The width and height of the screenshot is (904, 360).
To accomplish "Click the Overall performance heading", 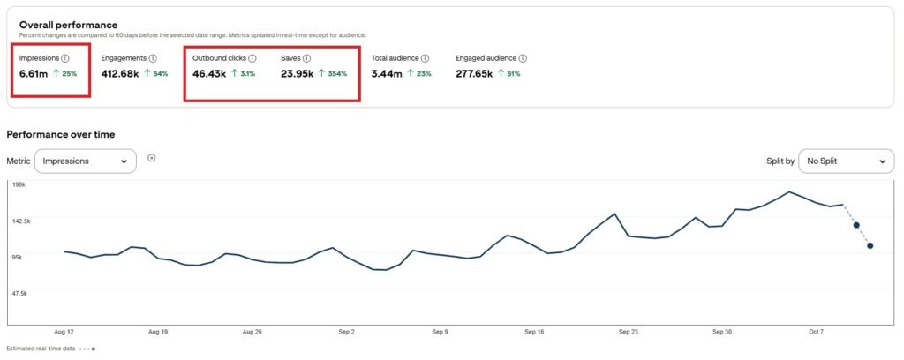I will (68, 25).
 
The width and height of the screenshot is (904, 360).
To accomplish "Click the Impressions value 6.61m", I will (34, 73).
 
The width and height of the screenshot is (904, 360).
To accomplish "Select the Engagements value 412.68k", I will (120, 73).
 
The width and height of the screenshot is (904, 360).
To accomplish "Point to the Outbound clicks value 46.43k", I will (210, 73).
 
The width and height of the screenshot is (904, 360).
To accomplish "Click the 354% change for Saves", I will (336, 73).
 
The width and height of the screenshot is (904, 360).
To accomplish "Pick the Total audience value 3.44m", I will (387, 73).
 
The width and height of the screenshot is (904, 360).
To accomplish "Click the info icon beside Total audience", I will (425, 58).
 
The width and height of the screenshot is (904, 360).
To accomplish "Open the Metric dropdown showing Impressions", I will (85, 161).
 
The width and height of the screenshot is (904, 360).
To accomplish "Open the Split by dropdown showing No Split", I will (845, 161).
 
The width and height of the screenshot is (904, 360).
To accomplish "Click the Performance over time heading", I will (60, 134).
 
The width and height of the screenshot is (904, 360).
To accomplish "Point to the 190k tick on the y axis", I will (18, 184).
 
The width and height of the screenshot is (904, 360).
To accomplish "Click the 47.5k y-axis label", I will (19, 292).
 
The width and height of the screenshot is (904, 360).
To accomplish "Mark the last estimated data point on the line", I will (870, 245).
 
